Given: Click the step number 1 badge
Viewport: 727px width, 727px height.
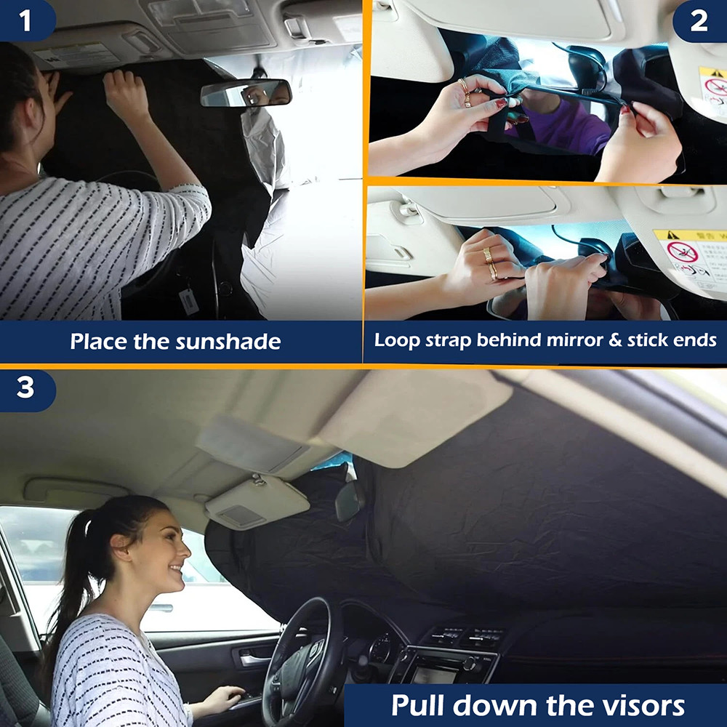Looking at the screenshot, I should (26, 20).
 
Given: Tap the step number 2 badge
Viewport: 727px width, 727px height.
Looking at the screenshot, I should (699, 20).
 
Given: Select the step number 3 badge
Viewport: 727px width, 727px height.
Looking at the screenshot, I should (26, 387).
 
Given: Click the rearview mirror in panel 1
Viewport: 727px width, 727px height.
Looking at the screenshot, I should (246, 92).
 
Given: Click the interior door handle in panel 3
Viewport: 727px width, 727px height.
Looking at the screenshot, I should (254, 659).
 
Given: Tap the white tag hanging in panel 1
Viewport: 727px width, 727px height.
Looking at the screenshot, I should (189, 300).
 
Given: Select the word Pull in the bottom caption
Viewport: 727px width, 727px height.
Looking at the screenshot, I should (422, 705).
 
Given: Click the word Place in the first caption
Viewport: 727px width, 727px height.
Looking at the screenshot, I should (100, 342).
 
